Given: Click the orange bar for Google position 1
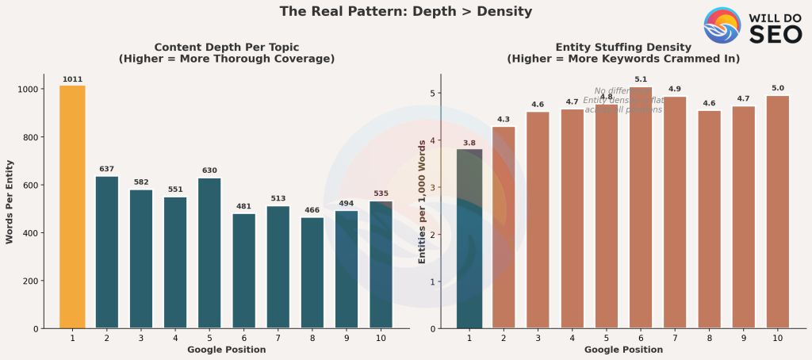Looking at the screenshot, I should pyautogui.click(x=72, y=206).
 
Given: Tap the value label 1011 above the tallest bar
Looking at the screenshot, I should pyautogui.click(x=72, y=79).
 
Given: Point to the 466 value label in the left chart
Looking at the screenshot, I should pyautogui.click(x=312, y=210).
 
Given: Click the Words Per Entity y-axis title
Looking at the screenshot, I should pyautogui.click(x=10, y=201).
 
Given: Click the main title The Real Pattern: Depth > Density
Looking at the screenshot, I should pyautogui.click(x=405, y=11).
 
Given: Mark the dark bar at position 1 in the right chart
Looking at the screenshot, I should pyautogui.click(x=469, y=238).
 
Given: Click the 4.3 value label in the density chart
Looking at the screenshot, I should pyautogui.click(x=504, y=120).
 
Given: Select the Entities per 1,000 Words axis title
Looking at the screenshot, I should pyautogui.click(x=423, y=201).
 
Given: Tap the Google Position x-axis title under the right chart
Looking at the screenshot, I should pyautogui.click(x=623, y=350).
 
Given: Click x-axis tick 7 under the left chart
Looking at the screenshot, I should pyautogui.click(x=278, y=338).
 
